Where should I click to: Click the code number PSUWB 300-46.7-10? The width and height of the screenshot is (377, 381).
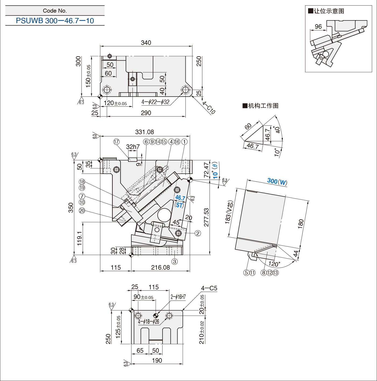55,21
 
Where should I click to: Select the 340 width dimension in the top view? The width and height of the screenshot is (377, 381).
146,43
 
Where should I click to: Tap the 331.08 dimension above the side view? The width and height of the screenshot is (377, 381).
145,132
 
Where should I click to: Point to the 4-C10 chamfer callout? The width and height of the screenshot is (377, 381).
209,108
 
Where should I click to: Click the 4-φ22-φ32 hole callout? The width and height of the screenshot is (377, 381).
156,102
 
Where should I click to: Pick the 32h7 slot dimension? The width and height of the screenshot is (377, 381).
133,147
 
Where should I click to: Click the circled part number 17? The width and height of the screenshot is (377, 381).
116,142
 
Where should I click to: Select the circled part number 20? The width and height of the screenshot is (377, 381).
82,211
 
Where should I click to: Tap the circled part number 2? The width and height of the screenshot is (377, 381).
198,233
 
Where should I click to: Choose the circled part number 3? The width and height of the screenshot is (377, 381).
175,262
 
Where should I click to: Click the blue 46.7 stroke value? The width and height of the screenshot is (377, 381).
180,198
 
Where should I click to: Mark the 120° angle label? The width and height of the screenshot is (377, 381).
274,264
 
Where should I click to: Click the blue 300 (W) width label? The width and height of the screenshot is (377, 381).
277,181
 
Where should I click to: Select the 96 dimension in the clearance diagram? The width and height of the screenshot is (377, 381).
318,27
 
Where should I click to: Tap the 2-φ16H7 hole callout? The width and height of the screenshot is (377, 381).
178,297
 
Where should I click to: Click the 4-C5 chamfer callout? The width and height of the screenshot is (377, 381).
209,288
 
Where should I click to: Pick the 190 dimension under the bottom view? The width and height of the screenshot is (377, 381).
157,361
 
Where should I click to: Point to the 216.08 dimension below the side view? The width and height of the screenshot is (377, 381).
160,268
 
